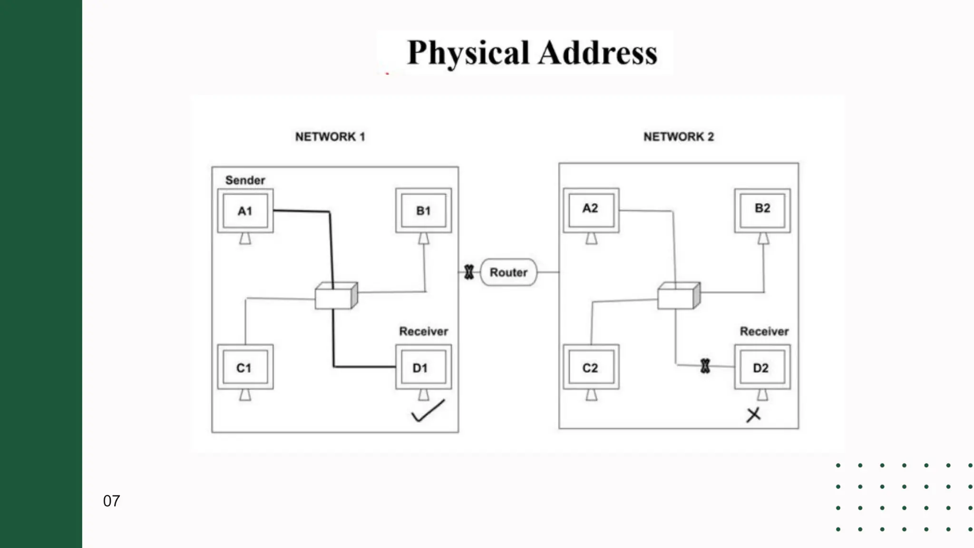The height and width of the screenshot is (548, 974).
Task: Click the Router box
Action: [508, 272]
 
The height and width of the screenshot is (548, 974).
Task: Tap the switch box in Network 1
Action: [336, 296]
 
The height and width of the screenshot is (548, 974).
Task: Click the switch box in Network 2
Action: [678, 296]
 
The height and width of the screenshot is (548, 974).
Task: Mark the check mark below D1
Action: [428, 411]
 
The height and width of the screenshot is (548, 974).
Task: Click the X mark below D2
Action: [753, 415]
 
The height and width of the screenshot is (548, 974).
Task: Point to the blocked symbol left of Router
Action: [469, 272]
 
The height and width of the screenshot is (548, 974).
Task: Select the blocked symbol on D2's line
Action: [705, 366]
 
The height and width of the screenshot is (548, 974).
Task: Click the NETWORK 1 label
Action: [330, 137]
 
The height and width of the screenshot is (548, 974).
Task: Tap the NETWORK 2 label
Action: [679, 137]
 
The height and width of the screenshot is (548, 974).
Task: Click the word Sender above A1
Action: [245, 180]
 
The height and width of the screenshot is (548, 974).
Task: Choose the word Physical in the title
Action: [468, 53]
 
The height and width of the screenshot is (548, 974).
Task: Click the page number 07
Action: [111, 501]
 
